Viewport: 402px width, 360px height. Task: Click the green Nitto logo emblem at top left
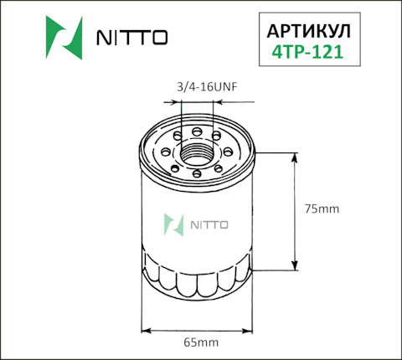point(64,38)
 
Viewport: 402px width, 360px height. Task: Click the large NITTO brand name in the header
point(132,38)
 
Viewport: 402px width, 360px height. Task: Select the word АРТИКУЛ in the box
point(309,31)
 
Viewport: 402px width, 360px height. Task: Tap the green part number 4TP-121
point(307,52)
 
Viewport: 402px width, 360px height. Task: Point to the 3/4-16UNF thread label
point(207,87)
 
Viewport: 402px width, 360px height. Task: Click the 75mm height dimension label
point(322,208)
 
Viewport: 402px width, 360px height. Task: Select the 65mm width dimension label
point(201,342)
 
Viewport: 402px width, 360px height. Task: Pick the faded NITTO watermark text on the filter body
point(209,225)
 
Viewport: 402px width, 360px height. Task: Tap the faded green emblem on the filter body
point(173,225)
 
